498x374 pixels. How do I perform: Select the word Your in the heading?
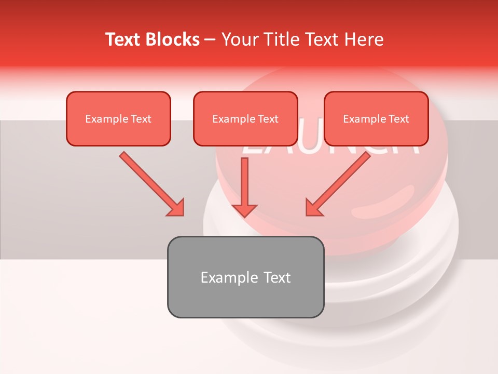pyautogui.click(x=238, y=39)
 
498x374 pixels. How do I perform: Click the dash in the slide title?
pyautogui.click(x=210, y=40)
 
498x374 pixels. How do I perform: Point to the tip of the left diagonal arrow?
pyautogui.click(x=183, y=215)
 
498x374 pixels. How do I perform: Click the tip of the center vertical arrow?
pyautogui.click(x=244, y=216)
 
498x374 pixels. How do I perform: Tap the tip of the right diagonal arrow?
pyautogui.click(x=307, y=215)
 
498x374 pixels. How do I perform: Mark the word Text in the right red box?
pyautogui.click(x=398, y=119)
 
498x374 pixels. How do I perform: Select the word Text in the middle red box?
pyautogui.click(x=268, y=119)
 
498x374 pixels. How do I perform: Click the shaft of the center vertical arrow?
pyautogui.click(x=244, y=179)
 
